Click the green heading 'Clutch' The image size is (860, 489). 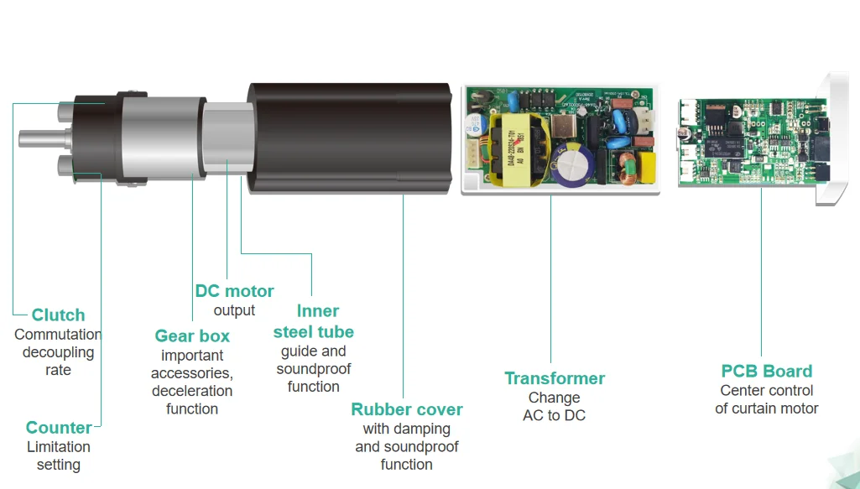(59, 315)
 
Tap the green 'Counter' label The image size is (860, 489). (59, 428)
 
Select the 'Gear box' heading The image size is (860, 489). (192, 336)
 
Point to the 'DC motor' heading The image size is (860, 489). (234, 292)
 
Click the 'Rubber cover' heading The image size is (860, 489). (407, 410)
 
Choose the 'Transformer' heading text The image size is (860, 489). (555, 378)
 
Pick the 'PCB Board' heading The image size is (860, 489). (767, 371)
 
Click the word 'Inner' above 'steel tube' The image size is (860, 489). (318, 312)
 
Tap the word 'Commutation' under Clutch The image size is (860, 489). (58, 335)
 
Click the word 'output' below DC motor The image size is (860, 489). (234, 310)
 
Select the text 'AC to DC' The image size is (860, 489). (555, 415)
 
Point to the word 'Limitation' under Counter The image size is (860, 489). (59, 447)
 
